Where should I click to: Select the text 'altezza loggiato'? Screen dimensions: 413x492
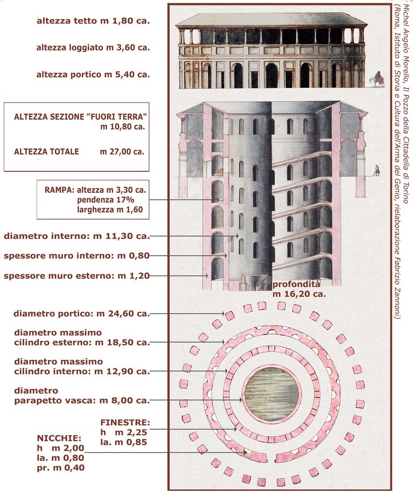[x=69, y=48]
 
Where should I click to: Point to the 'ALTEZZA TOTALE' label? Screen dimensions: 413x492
[x=46, y=151]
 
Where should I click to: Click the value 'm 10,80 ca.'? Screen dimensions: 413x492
[x=123, y=127]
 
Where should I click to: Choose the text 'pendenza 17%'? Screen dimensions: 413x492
[x=105, y=200]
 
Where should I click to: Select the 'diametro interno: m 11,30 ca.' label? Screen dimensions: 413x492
[x=77, y=236]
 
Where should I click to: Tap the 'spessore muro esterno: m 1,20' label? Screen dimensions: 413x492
[x=77, y=276]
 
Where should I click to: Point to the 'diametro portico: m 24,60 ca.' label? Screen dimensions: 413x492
[x=82, y=314]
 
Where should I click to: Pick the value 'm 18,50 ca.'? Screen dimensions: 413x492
[x=123, y=342]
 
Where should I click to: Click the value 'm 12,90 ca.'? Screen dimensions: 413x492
[x=123, y=371]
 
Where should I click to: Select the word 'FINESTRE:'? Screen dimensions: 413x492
[x=125, y=422]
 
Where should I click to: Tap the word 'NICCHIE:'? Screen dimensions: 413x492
[x=59, y=438]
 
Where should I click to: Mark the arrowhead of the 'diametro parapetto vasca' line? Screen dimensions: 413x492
[x=241, y=400]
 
